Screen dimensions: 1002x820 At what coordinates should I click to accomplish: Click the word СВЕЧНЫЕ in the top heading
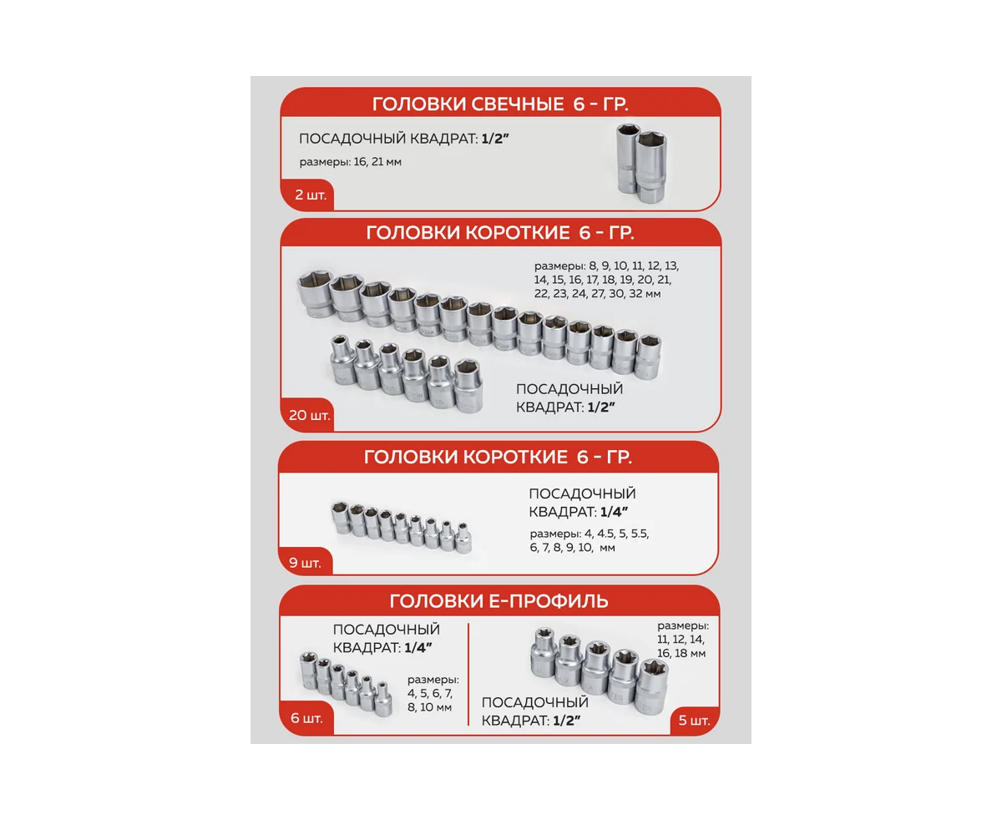pyautogui.click(x=517, y=104)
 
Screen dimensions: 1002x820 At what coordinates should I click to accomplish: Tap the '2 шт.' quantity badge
pyautogui.click(x=310, y=195)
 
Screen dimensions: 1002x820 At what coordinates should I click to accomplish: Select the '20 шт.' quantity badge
pyautogui.click(x=309, y=415)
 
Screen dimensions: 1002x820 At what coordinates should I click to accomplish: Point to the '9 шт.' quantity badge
pyautogui.click(x=305, y=563)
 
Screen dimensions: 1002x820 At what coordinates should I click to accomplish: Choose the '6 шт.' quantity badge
pyautogui.click(x=306, y=718)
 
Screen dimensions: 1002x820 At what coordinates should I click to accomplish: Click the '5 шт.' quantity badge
pyautogui.click(x=694, y=721)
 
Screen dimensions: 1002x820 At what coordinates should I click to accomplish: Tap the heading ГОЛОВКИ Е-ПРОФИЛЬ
pyautogui.click(x=498, y=601)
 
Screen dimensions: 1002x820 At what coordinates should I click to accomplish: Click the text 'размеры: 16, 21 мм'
pyautogui.click(x=350, y=162)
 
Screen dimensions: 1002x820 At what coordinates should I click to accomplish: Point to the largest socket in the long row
pyautogui.click(x=314, y=293)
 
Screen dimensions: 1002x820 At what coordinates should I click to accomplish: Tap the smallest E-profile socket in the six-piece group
pyautogui.click(x=383, y=699)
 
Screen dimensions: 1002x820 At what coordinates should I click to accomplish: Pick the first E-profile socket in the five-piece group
pyautogui.click(x=544, y=652)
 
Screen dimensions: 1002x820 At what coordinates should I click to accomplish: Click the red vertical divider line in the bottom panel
pyautogui.click(x=468, y=675)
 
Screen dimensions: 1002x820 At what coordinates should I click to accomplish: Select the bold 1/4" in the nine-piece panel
pyautogui.click(x=614, y=512)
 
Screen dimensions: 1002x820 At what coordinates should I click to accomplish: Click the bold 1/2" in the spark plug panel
pyautogui.click(x=495, y=139)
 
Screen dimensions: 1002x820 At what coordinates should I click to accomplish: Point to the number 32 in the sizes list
pyautogui.click(x=635, y=294)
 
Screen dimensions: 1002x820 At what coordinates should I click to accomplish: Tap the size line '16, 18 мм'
pyautogui.click(x=681, y=653)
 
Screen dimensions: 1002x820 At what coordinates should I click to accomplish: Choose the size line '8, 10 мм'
pyautogui.click(x=429, y=707)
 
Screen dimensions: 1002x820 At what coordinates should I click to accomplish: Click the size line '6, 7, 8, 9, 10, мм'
pyautogui.click(x=573, y=548)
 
